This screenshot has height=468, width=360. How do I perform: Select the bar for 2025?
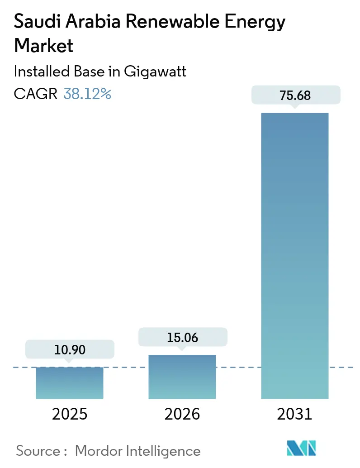click(70, 382)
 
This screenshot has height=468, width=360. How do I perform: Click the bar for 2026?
click(182, 377)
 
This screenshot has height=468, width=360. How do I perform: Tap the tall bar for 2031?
click(295, 256)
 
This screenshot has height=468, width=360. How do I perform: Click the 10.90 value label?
click(70, 350)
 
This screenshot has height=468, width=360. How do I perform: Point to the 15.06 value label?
click(182, 337)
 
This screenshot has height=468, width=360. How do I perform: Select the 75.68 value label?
click(295, 96)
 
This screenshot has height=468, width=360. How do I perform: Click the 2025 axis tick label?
click(70, 414)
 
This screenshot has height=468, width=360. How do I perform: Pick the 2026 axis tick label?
click(182, 414)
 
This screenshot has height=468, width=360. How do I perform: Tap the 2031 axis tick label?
click(295, 414)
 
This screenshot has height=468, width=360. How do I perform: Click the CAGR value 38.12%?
click(87, 94)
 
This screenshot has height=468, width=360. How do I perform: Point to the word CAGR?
click(36, 94)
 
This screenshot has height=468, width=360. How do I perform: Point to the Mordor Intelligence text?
click(137, 451)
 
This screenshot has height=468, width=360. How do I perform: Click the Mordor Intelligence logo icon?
click(302, 448)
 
